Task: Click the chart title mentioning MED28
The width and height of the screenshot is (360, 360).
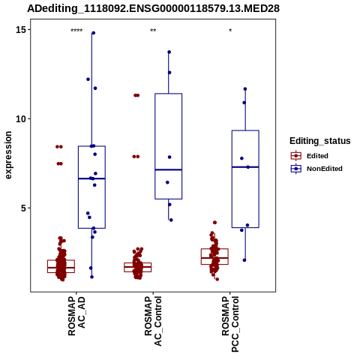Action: coord(153,8)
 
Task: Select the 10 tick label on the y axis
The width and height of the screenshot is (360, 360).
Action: coord(21,118)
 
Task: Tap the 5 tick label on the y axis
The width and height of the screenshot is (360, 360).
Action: coord(24,208)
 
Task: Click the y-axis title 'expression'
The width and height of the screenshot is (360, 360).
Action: coord(8,155)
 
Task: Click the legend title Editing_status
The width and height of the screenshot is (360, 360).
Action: coord(319,141)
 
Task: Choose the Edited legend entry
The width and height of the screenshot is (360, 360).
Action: coord(310,156)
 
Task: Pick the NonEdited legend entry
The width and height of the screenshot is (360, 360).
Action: coord(316,169)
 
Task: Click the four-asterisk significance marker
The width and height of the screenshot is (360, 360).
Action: coord(76,31)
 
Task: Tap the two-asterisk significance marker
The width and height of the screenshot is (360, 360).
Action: coord(153,31)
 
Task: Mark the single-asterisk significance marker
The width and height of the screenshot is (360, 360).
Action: coord(230,31)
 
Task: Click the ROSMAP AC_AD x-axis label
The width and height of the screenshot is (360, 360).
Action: coord(76,316)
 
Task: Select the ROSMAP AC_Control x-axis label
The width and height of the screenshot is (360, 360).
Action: coord(153,321)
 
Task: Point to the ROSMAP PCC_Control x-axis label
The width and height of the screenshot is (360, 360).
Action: coord(230,324)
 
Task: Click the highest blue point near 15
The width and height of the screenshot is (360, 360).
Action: coord(93,33)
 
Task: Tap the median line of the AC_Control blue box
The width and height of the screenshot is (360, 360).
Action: coord(169,169)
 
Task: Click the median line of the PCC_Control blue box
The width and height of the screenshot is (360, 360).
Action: coord(245,167)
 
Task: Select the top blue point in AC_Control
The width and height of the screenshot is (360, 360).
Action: coord(169,52)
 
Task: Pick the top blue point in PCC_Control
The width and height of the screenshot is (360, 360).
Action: coord(245,89)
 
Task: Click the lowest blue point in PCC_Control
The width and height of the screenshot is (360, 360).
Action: coord(244,260)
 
